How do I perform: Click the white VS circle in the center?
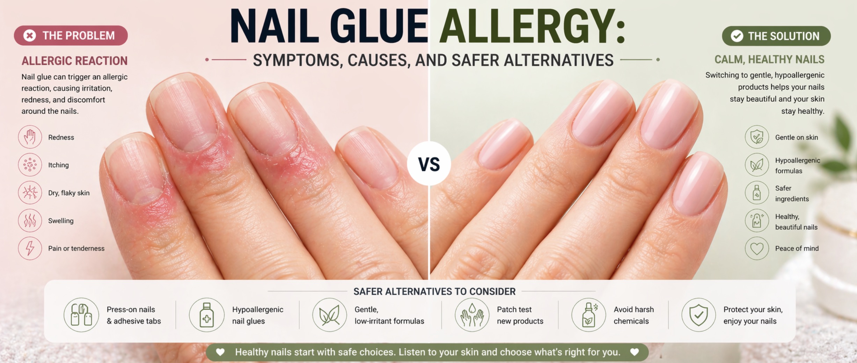[x=429, y=163]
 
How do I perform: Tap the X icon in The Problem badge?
[x=30, y=35]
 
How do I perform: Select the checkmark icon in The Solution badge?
[x=737, y=36]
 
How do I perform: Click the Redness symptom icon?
[x=30, y=137]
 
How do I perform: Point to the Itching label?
[x=58, y=165]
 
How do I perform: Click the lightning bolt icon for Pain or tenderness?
[x=30, y=248]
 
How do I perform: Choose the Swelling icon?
[x=30, y=221]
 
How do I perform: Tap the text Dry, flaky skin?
[x=69, y=193]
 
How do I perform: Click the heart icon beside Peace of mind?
[x=757, y=248]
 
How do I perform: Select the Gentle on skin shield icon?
[x=757, y=137]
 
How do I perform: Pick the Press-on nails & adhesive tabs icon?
[x=81, y=315]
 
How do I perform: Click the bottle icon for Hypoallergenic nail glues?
[x=206, y=315]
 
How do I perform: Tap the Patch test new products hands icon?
[x=472, y=315]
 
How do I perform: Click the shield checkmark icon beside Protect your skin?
[x=698, y=315]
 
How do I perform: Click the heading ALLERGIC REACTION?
[x=74, y=61]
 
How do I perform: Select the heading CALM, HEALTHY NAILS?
[x=769, y=60]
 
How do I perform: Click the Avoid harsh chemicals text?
[x=634, y=315]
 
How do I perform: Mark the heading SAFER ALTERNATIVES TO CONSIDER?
[x=434, y=291]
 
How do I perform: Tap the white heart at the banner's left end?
[x=220, y=352]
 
